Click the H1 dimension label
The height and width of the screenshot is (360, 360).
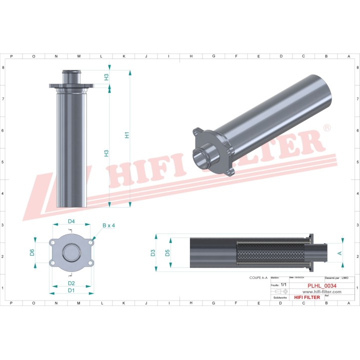coord(127,135)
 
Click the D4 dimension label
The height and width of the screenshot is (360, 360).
coord(71,221)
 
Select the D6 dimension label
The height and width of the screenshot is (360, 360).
coord(32,252)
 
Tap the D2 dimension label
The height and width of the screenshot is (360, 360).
coord(71,283)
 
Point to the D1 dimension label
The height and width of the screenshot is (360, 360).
coord(71,290)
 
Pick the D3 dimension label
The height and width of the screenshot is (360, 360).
coord(152,253)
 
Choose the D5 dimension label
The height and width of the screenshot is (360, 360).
coord(167,253)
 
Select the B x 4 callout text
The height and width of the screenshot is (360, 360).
coord(108,225)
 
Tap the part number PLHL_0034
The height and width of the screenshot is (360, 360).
coord(319,286)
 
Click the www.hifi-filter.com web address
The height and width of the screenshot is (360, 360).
coord(319,291)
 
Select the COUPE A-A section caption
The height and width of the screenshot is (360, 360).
coord(258,277)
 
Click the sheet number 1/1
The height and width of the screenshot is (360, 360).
coord(283,284)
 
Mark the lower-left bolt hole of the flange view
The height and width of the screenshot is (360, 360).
coord(52,263)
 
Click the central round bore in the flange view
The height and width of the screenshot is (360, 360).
coord(71,252)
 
